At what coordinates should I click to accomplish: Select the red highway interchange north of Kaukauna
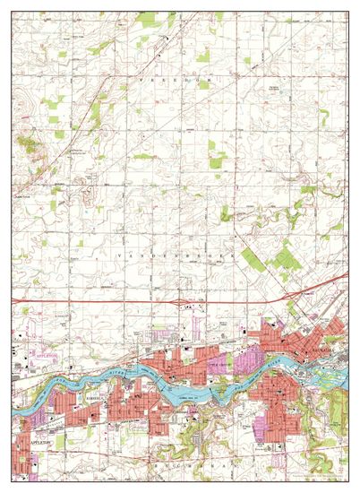click(295, 296)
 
